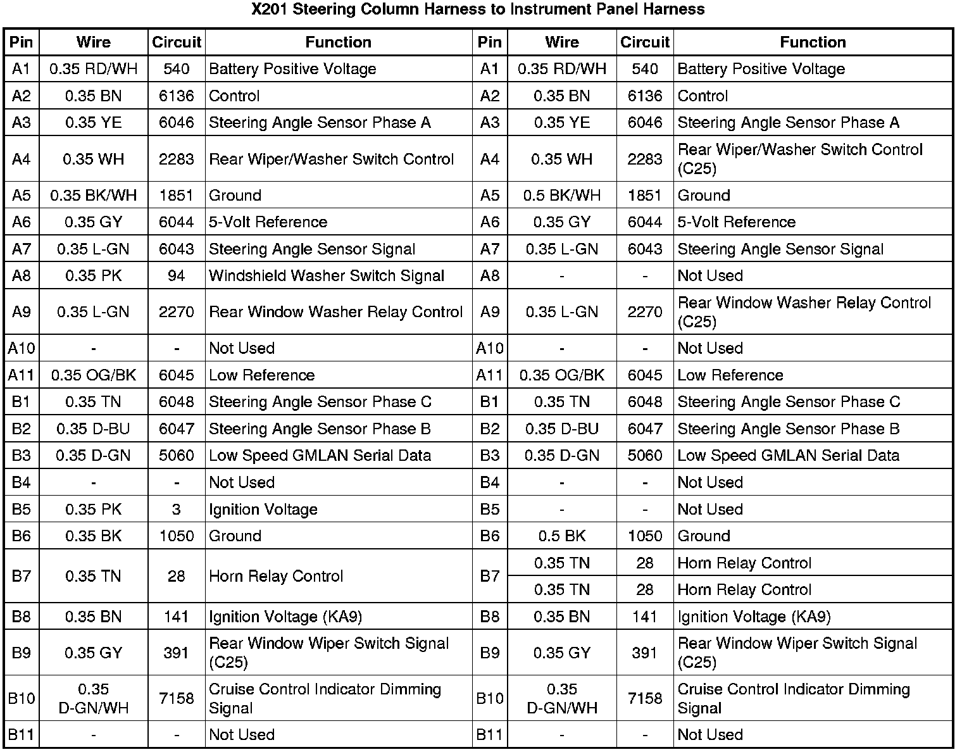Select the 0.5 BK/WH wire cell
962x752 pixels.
tap(561, 195)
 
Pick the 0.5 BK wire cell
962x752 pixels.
tap(561, 536)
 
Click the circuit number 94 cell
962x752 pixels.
tap(176, 275)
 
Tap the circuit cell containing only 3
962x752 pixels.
tap(176, 509)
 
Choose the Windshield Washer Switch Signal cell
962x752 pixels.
tap(327, 275)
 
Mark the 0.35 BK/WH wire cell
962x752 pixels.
tap(93, 195)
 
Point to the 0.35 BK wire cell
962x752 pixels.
tap(93, 536)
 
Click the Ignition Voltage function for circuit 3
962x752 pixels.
tap(263, 509)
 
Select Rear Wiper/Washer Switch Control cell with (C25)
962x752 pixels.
tap(800, 159)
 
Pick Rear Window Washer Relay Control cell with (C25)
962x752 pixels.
tap(804, 312)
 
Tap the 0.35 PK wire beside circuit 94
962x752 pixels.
tap(93, 275)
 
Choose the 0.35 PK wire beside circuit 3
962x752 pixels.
tap(93, 509)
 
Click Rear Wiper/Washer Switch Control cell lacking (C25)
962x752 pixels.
tap(331, 159)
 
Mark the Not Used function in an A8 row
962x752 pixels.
tap(710, 275)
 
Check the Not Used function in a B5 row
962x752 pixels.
tap(710, 509)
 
